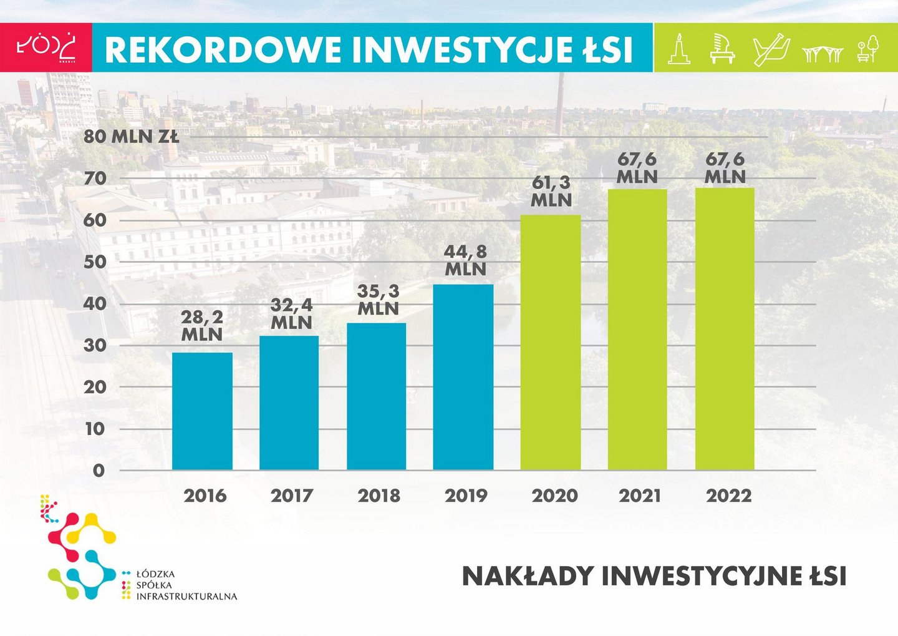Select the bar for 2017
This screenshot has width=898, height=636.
point(289,403)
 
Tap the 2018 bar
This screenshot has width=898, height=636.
point(376,396)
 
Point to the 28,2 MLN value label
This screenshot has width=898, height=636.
point(202,326)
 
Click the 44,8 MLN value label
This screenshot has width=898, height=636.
point(465,260)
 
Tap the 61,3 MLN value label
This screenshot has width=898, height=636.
point(551,191)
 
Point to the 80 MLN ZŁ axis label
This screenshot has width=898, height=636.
point(131,137)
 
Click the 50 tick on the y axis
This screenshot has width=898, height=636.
point(95,262)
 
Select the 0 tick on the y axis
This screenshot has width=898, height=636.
point(99,471)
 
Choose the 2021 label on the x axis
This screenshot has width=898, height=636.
point(640,496)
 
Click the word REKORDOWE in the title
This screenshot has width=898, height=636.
point(223,50)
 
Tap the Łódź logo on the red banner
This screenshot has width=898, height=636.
point(46,47)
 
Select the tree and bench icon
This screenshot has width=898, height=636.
point(868,49)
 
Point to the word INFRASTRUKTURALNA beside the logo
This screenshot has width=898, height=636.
point(187,596)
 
